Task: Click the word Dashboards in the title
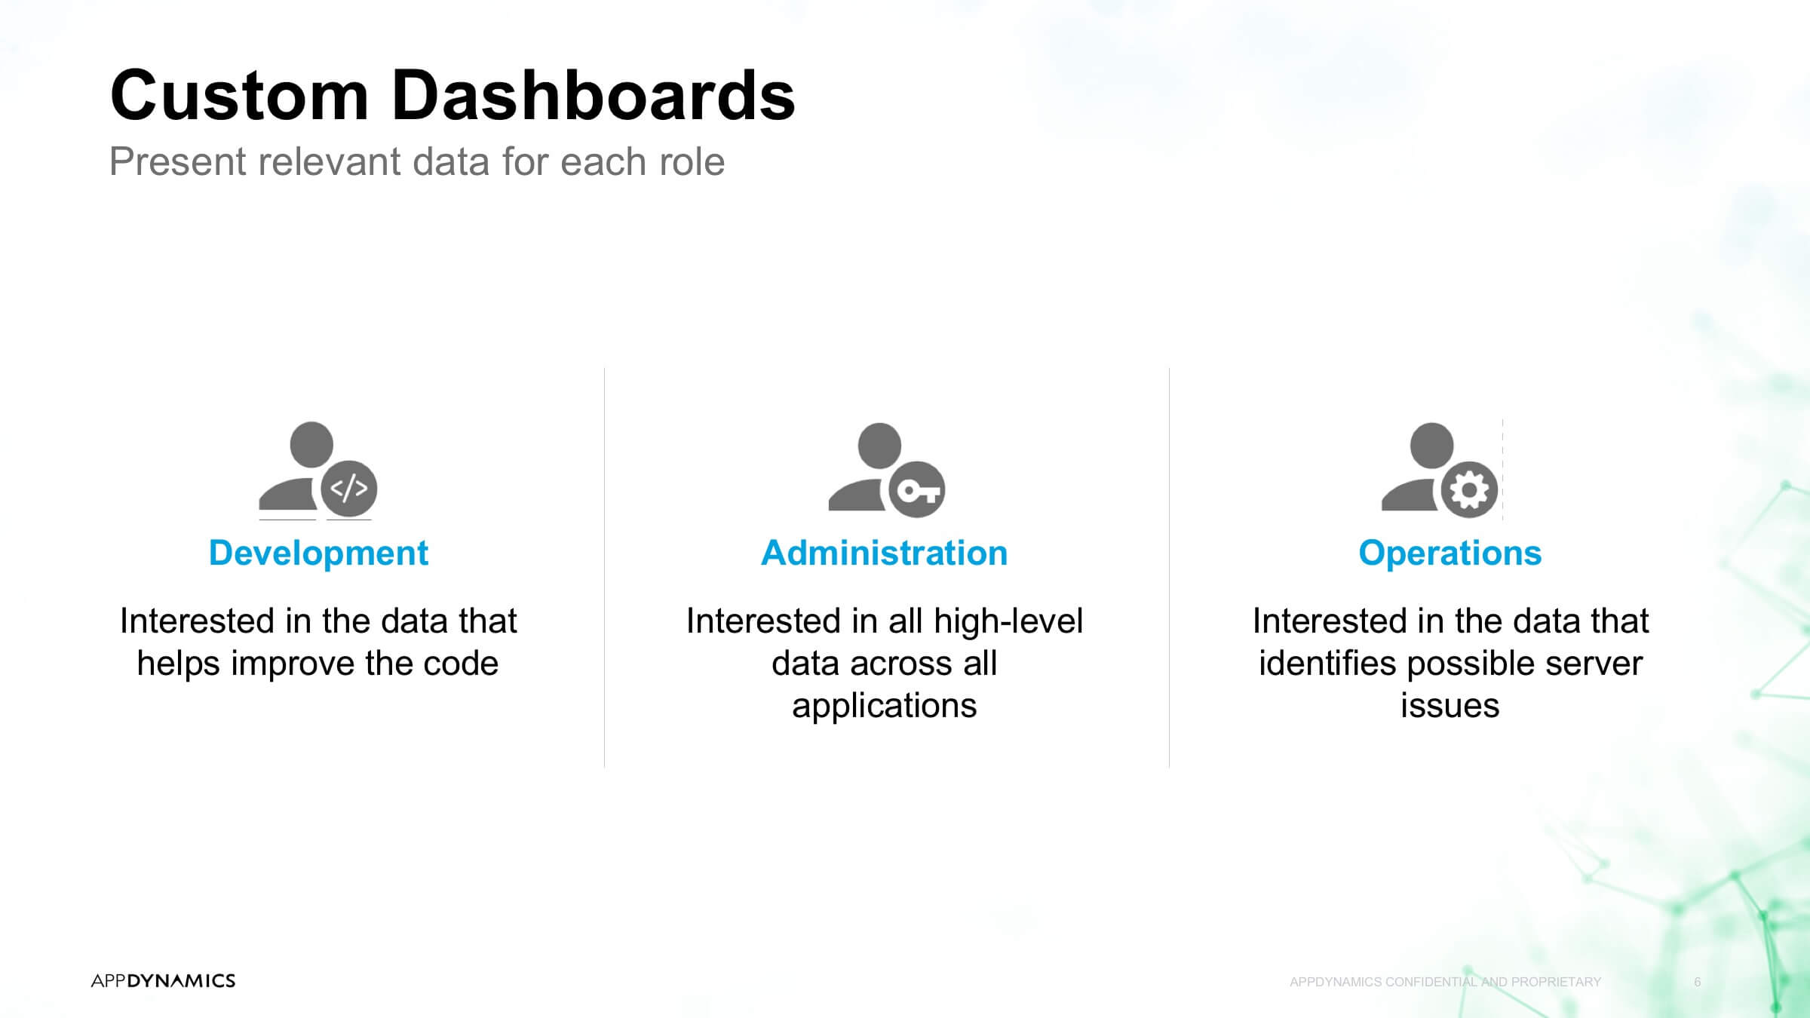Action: coord(594,95)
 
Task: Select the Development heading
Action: coord(318,553)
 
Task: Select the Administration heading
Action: coord(885,553)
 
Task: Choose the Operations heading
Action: coord(1450,553)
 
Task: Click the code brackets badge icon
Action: coord(349,489)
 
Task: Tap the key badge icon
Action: coord(917,490)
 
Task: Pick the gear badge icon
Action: coord(1469,490)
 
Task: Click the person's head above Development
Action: coord(311,444)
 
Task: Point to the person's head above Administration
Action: coord(879,446)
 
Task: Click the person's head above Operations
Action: coord(1431,446)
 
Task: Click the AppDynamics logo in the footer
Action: coord(163,980)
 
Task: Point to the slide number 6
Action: coord(1698,982)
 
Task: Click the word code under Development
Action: coord(461,664)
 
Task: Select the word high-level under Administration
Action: coord(1008,621)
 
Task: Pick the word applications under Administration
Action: coord(885,706)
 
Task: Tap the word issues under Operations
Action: coord(1450,706)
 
